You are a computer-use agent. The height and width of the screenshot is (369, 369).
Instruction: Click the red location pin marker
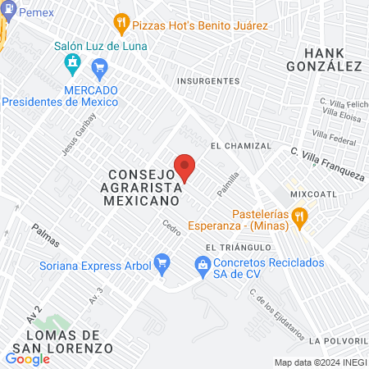184,166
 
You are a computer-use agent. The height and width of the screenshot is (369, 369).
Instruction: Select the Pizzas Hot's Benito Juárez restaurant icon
121,24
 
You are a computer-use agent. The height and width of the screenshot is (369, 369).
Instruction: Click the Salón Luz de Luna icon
72,61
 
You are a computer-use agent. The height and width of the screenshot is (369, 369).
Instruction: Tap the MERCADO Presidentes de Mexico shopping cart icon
100,66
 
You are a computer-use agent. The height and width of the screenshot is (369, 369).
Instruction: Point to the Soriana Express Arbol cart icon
162,263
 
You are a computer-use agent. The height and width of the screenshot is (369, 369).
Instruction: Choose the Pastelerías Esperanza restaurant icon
300,217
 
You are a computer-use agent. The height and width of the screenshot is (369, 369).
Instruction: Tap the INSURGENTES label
209,81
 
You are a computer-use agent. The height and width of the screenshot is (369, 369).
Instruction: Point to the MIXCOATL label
313,194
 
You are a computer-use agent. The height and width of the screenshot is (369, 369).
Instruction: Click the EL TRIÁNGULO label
238,246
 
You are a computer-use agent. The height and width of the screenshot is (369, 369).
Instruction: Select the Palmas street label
46,235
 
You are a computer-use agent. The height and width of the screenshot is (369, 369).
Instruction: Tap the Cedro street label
171,225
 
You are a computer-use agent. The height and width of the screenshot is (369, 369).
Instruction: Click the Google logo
27,358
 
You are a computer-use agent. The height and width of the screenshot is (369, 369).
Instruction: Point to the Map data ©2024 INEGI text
320,362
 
